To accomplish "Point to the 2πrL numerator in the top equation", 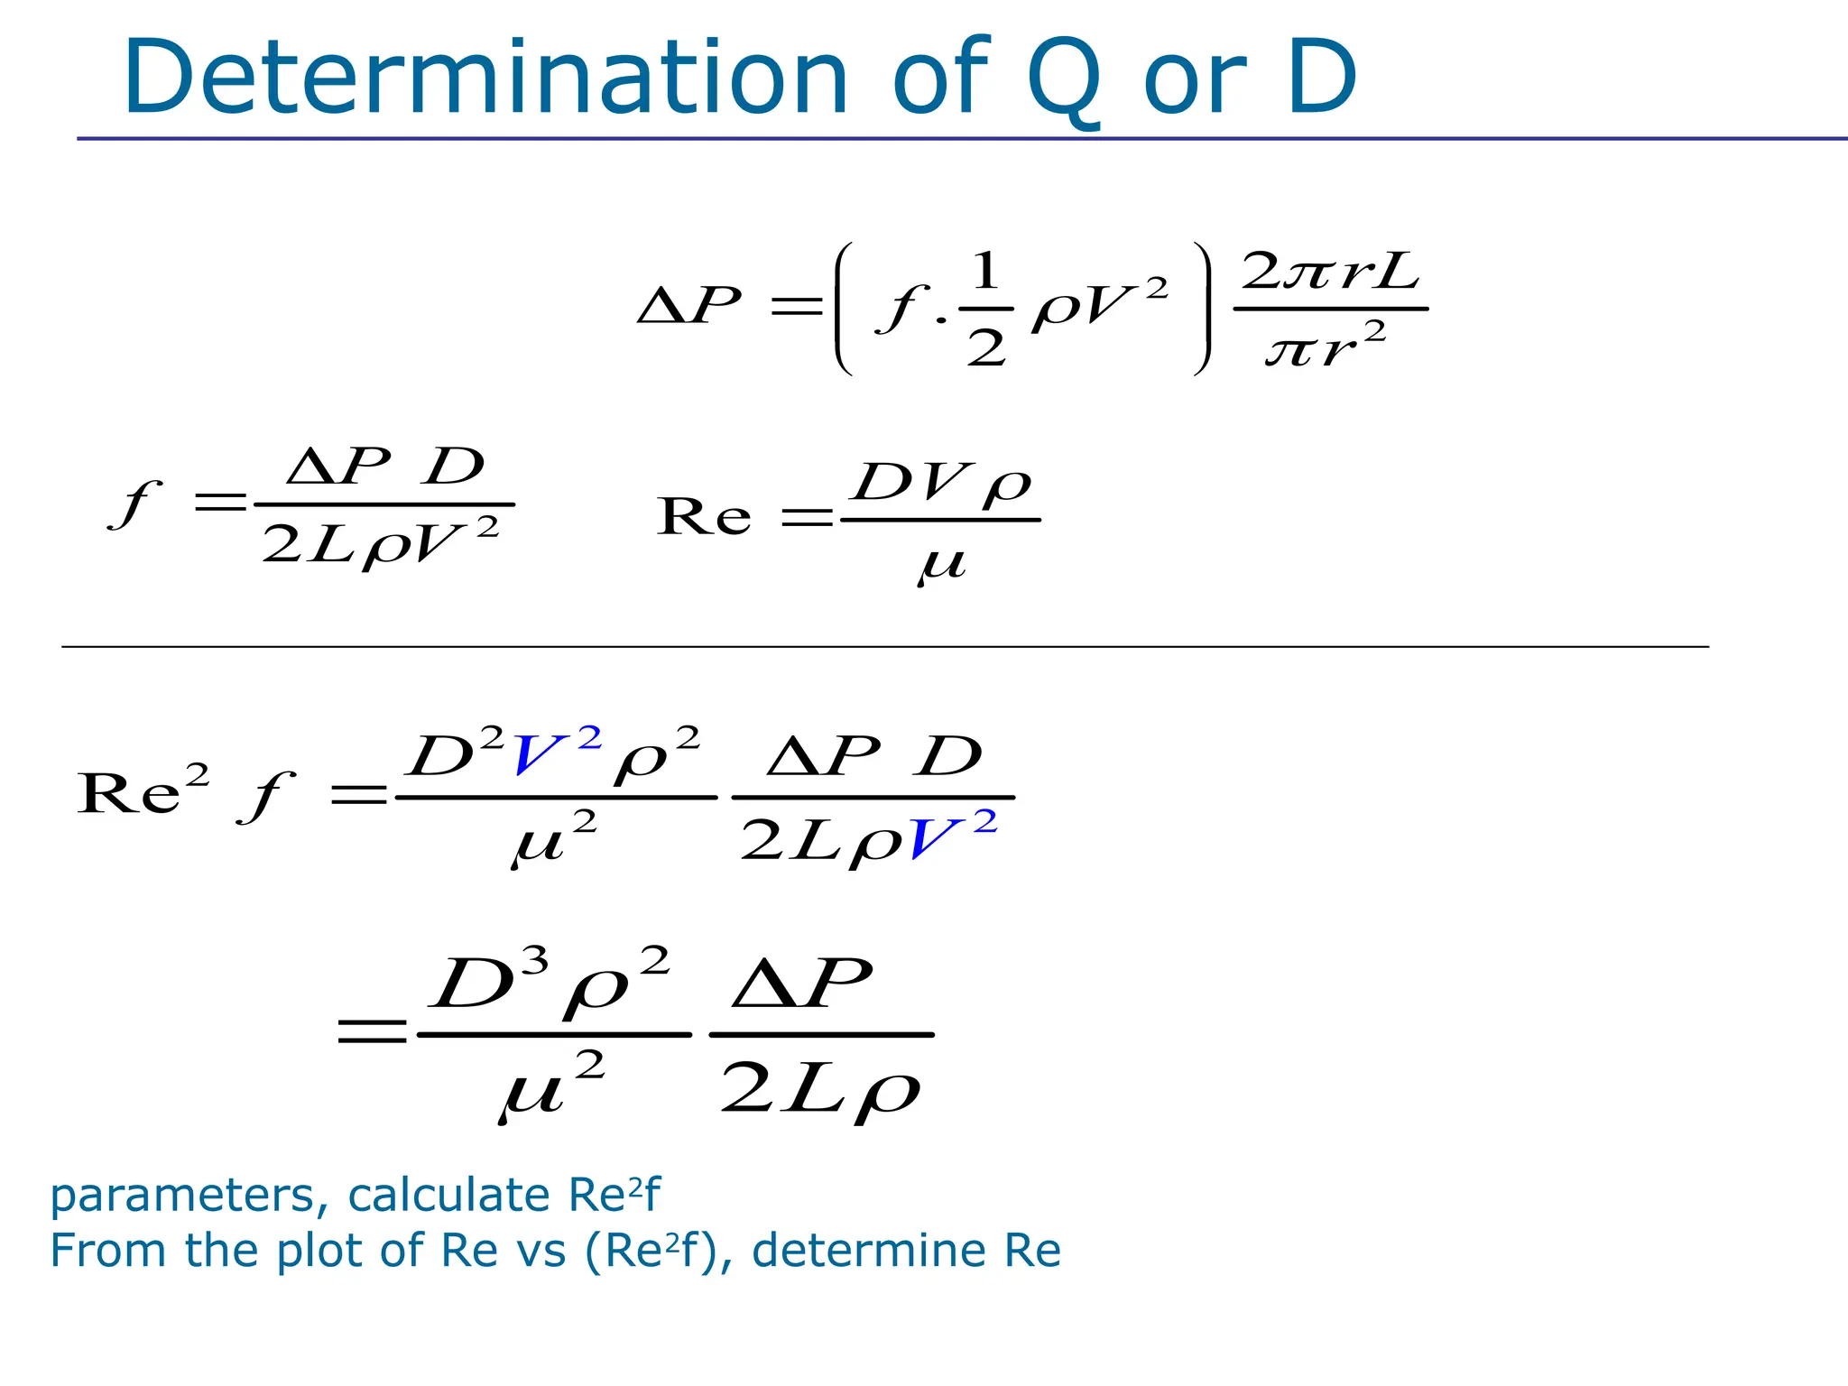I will click(1330, 270).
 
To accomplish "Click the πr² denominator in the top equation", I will click(1325, 346).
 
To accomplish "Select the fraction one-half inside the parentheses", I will click(985, 309).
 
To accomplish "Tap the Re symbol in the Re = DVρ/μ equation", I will click(704, 517).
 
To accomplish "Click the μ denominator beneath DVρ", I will click(942, 565).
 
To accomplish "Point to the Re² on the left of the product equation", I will click(143, 790).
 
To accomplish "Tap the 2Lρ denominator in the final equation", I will click(819, 1090).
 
